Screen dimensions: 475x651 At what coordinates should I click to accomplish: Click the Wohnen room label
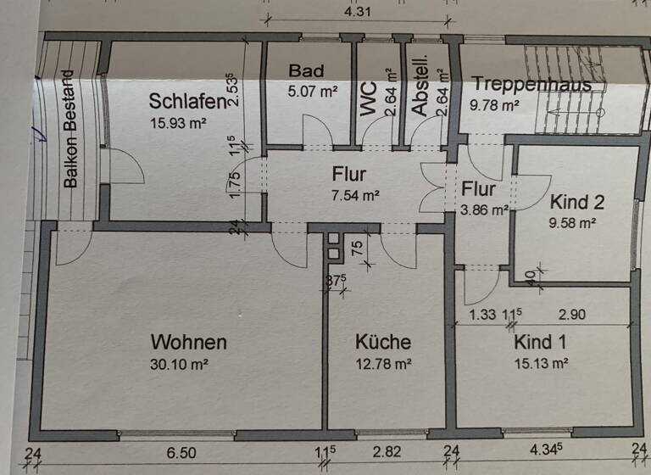(x=188, y=343)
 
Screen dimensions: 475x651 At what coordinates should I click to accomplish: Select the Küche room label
(x=383, y=343)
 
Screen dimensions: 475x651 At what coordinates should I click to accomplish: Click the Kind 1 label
(x=541, y=343)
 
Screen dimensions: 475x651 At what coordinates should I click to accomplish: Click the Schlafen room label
(x=187, y=102)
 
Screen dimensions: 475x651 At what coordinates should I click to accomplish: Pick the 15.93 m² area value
(x=178, y=123)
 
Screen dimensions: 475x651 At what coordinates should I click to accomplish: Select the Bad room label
(x=306, y=70)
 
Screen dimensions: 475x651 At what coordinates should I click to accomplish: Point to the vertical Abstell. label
(x=420, y=91)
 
